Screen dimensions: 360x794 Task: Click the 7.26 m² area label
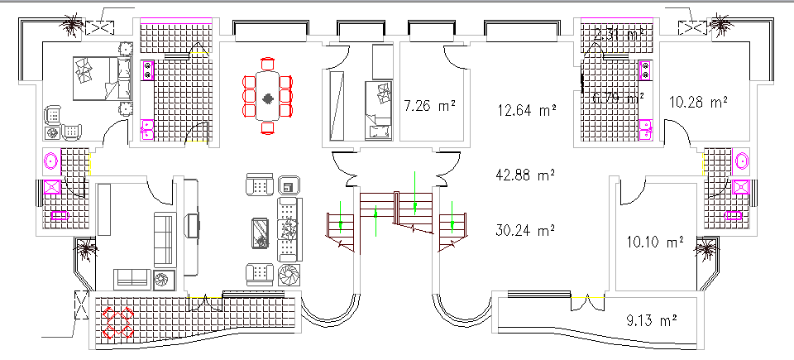pyautogui.click(x=429, y=106)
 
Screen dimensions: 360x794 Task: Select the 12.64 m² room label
pyautogui.click(x=526, y=108)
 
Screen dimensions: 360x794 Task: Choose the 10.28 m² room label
pyautogui.click(x=698, y=101)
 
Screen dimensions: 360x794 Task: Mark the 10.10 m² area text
pyautogui.click(x=655, y=242)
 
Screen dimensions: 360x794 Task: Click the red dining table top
pyautogui.click(x=268, y=97)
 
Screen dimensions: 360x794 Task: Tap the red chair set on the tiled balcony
pyautogui.click(x=117, y=321)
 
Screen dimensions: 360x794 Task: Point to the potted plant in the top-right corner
pyautogui.click(x=722, y=23)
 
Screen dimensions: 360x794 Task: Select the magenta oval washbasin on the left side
pyautogui.click(x=50, y=161)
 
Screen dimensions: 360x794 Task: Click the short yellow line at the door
pyautogui.click(x=196, y=142)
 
